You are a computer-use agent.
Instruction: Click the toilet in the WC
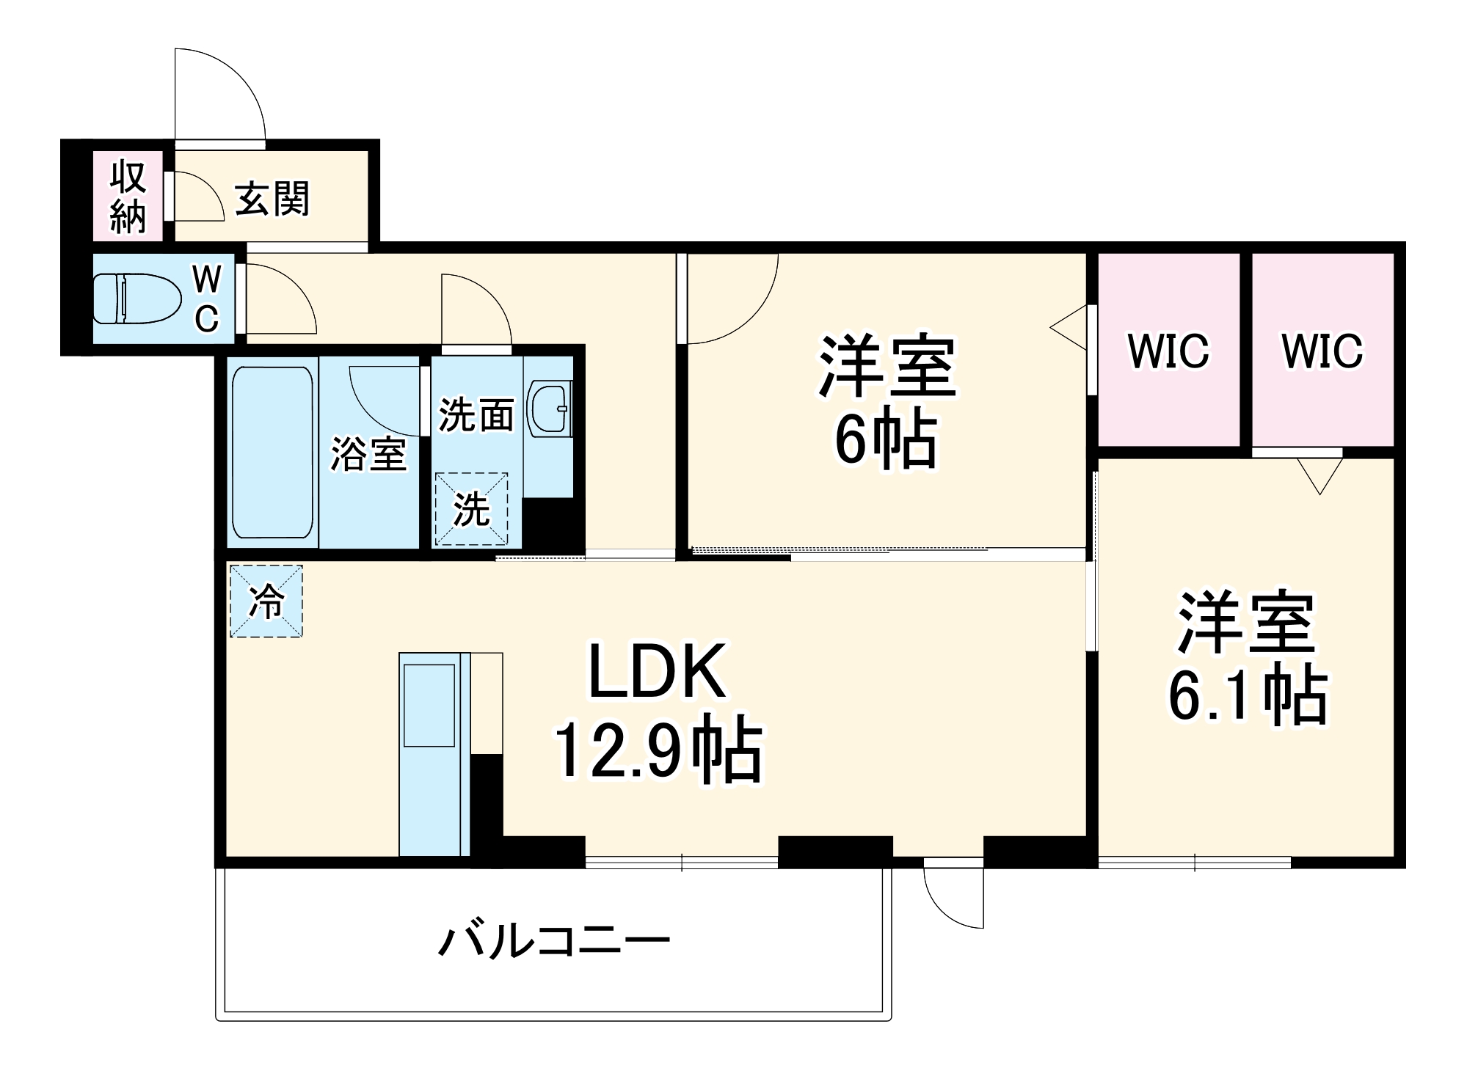point(137,298)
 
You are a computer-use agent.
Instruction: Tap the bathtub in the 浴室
point(272,452)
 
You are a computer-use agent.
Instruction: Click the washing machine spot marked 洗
point(471,509)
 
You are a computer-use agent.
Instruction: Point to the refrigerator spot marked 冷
point(266,601)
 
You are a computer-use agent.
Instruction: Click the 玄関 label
point(272,199)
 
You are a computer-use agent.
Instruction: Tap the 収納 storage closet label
point(128,197)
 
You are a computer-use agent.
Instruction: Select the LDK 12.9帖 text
point(658,711)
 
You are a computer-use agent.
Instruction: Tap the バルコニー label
point(554,940)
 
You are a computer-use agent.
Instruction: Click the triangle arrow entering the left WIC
point(1071,327)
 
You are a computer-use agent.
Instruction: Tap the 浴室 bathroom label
point(368,453)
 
